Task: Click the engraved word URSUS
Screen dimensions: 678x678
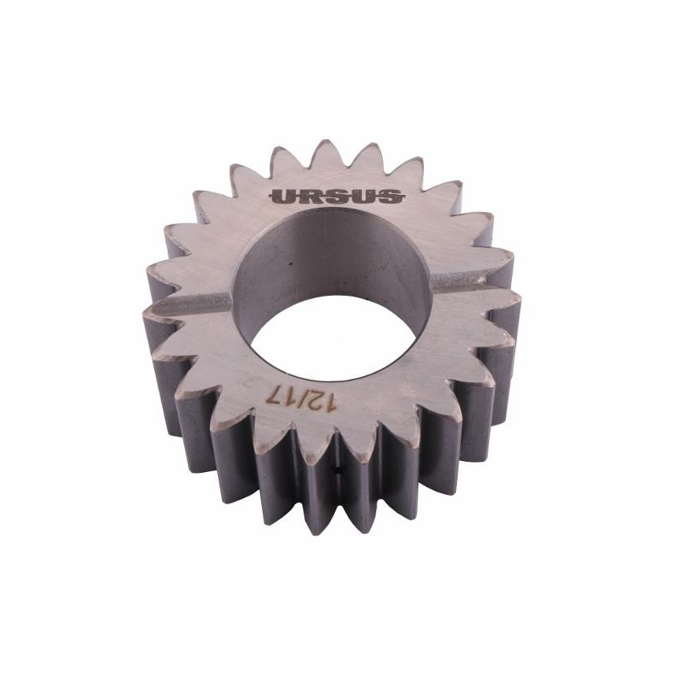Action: tap(336, 197)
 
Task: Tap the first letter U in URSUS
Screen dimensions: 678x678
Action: tap(283, 197)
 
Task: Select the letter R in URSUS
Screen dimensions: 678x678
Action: tap(310, 197)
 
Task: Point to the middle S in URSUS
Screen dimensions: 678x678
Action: tap(337, 197)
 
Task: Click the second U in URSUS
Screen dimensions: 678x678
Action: tap(364, 197)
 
